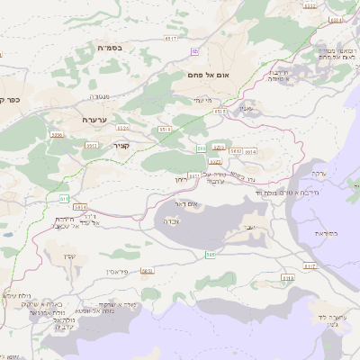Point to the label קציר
click(x=121, y=144)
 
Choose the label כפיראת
click(x=327, y=234)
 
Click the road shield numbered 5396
click(x=58, y=134)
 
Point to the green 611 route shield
click(x=64, y=198)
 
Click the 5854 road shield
click(x=81, y=206)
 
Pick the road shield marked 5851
click(x=147, y=270)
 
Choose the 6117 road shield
click(x=310, y=266)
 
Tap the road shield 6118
click(x=287, y=278)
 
